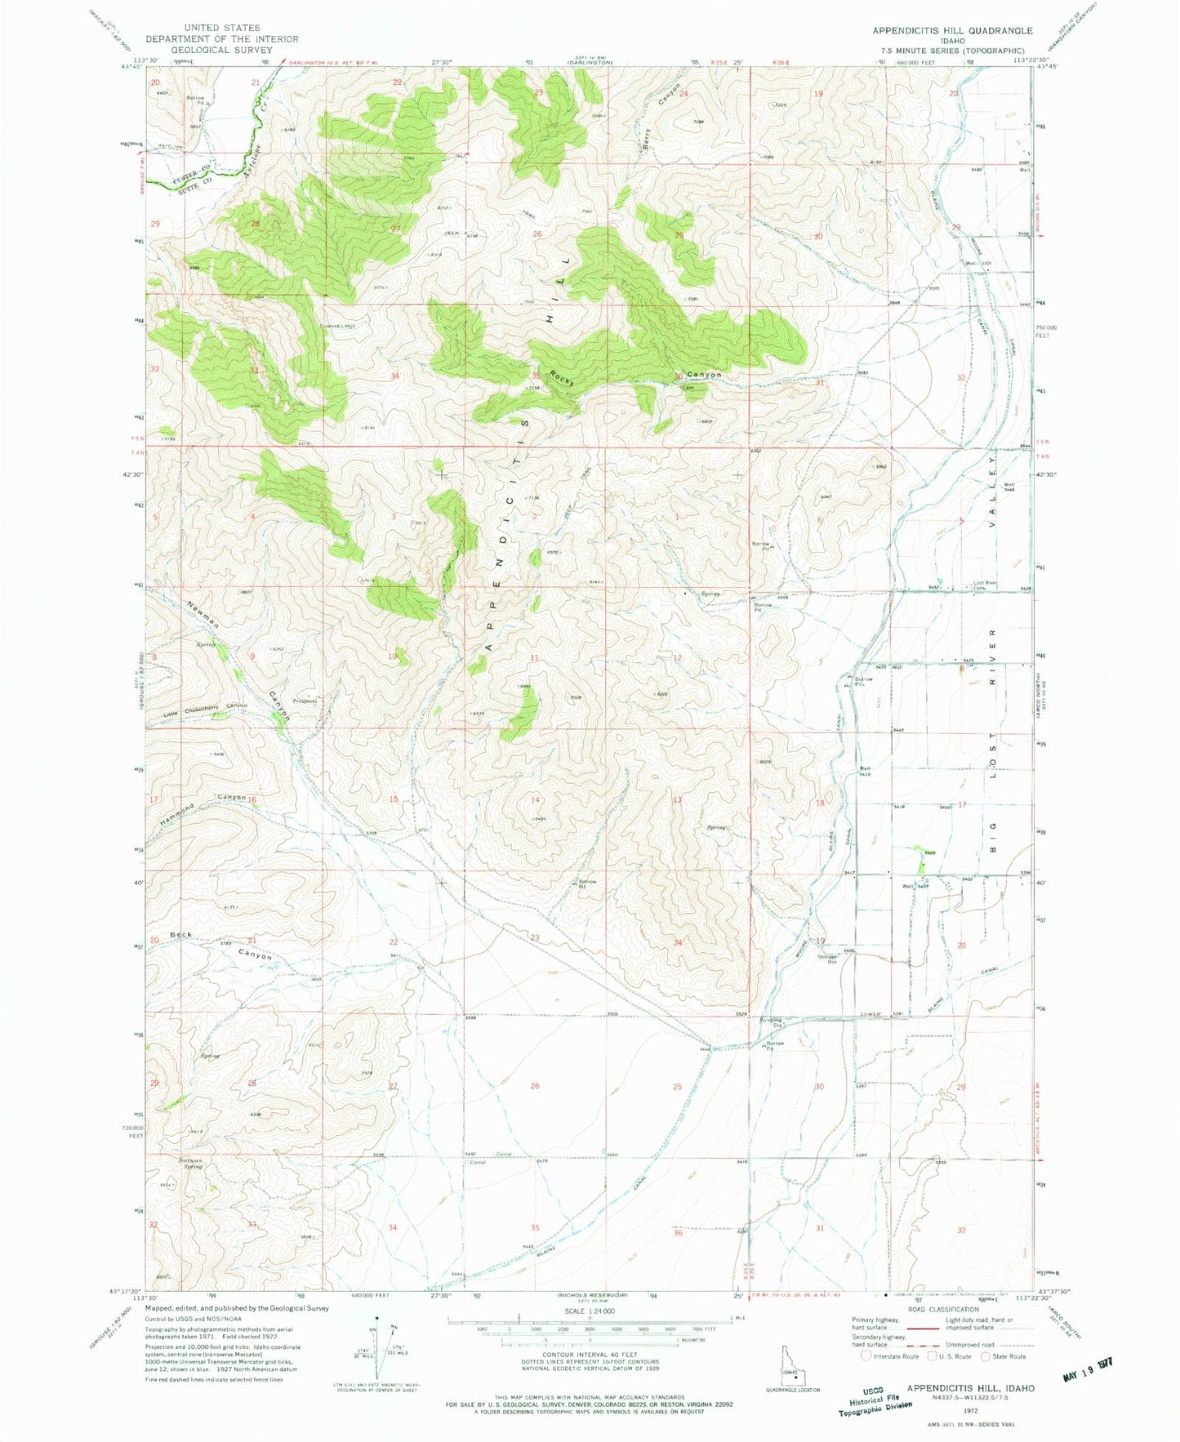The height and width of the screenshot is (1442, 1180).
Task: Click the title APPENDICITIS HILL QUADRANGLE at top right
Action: pos(952,31)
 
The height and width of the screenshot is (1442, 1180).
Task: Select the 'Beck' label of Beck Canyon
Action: pos(180,934)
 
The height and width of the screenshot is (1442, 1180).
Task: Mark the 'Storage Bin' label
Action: pos(828,960)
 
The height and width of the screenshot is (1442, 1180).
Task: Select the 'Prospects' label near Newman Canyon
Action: pos(305,701)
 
